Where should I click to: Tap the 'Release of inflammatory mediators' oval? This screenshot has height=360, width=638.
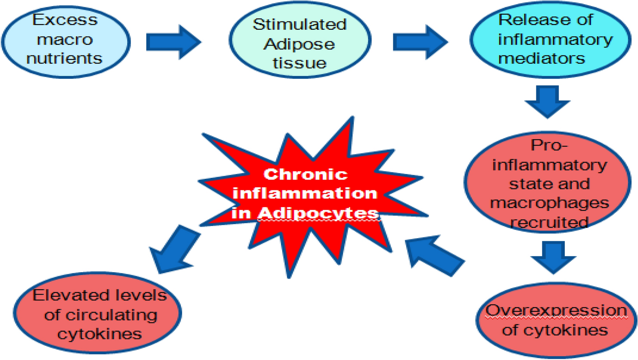(x=550, y=40)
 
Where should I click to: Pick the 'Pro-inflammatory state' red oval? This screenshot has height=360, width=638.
(x=548, y=183)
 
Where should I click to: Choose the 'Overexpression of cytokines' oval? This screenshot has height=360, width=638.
(x=556, y=321)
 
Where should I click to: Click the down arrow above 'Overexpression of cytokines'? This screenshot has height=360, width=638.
(x=553, y=256)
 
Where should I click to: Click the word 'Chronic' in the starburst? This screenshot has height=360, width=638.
(x=305, y=174)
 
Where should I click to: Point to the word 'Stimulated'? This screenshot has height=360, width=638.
(x=299, y=25)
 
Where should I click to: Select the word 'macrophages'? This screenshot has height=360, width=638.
(x=550, y=203)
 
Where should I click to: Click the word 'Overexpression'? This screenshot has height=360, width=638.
(x=556, y=310)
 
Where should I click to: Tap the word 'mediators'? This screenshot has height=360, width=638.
(x=542, y=58)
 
